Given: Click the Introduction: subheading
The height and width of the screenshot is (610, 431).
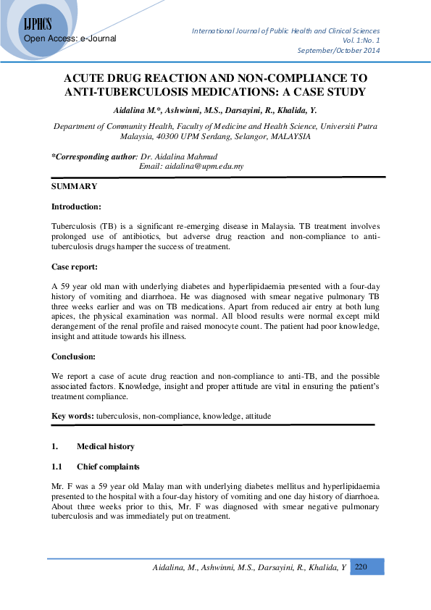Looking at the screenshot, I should point(76,206).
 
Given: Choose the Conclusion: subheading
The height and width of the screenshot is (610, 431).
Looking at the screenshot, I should point(75,356).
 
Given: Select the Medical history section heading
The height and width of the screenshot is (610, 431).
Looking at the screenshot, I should point(105,446).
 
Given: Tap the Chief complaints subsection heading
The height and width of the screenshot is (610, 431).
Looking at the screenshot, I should point(108,466).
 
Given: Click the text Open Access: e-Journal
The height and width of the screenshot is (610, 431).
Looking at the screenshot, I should point(70,38).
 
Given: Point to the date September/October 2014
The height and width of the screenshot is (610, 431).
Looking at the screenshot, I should point(338,50).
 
